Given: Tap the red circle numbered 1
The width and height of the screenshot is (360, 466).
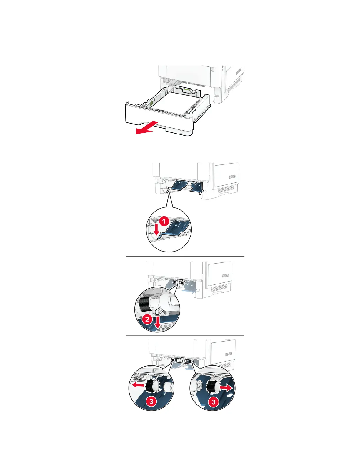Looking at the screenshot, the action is point(164,221).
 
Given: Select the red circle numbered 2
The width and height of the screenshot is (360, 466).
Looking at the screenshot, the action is point(147,319).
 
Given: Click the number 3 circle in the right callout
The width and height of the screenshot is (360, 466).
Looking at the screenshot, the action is point(214,402).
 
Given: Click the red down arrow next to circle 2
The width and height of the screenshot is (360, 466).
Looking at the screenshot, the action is point(158,322).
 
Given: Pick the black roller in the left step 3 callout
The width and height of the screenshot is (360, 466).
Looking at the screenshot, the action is point(152,386).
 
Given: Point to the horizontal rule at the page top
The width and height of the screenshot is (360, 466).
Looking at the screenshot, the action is point(180,31).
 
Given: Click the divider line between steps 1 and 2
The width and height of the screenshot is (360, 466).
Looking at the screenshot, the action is point(185,256).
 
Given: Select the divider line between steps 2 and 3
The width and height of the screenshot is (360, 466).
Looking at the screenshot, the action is point(185,336).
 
